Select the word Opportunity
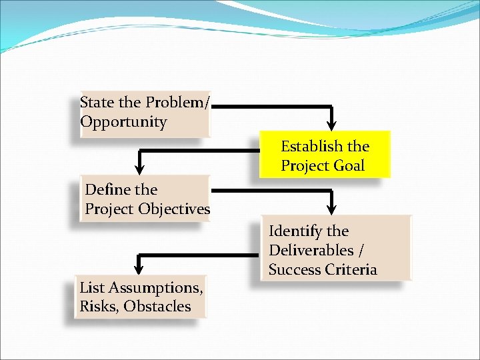tap(123, 122)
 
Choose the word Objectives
tap(174, 209)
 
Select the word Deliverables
tap(312, 251)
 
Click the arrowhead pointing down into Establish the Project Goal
tap(333, 125)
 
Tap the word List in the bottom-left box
tap(91, 288)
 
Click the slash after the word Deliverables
tap(362, 251)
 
